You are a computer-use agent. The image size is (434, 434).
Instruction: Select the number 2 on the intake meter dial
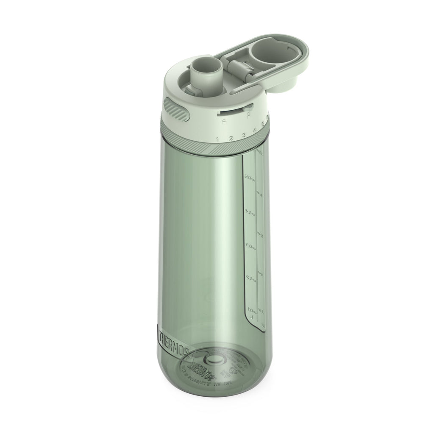pos(231,138)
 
